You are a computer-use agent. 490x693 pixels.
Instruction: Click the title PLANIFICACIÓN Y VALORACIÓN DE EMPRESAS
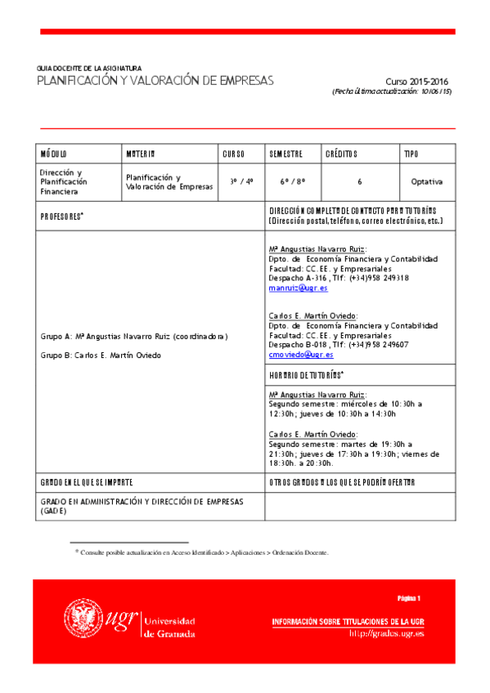coord(155,80)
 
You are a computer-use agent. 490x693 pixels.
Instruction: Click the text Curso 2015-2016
coord(417,82)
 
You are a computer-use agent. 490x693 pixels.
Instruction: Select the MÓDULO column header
coord(54,154)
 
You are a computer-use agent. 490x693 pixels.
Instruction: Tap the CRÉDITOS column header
coord(341,154)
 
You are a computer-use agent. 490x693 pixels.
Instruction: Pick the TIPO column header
coord(411,154)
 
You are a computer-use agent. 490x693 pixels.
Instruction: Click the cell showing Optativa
coord(427,181)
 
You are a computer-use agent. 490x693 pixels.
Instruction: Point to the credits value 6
coord(359,181)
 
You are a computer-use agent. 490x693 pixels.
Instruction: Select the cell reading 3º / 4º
coord(241,181)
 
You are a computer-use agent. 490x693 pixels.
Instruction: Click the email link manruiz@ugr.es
coord(298,288)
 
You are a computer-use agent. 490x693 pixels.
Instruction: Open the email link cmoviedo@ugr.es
coord(300,355)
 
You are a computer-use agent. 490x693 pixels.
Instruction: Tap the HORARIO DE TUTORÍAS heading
coord(306,374)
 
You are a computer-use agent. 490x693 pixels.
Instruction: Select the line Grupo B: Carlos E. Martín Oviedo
coord(101,355)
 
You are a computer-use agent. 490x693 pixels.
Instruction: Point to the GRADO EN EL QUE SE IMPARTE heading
coord(87,482)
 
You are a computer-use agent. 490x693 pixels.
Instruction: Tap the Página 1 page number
coord(408,599)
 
